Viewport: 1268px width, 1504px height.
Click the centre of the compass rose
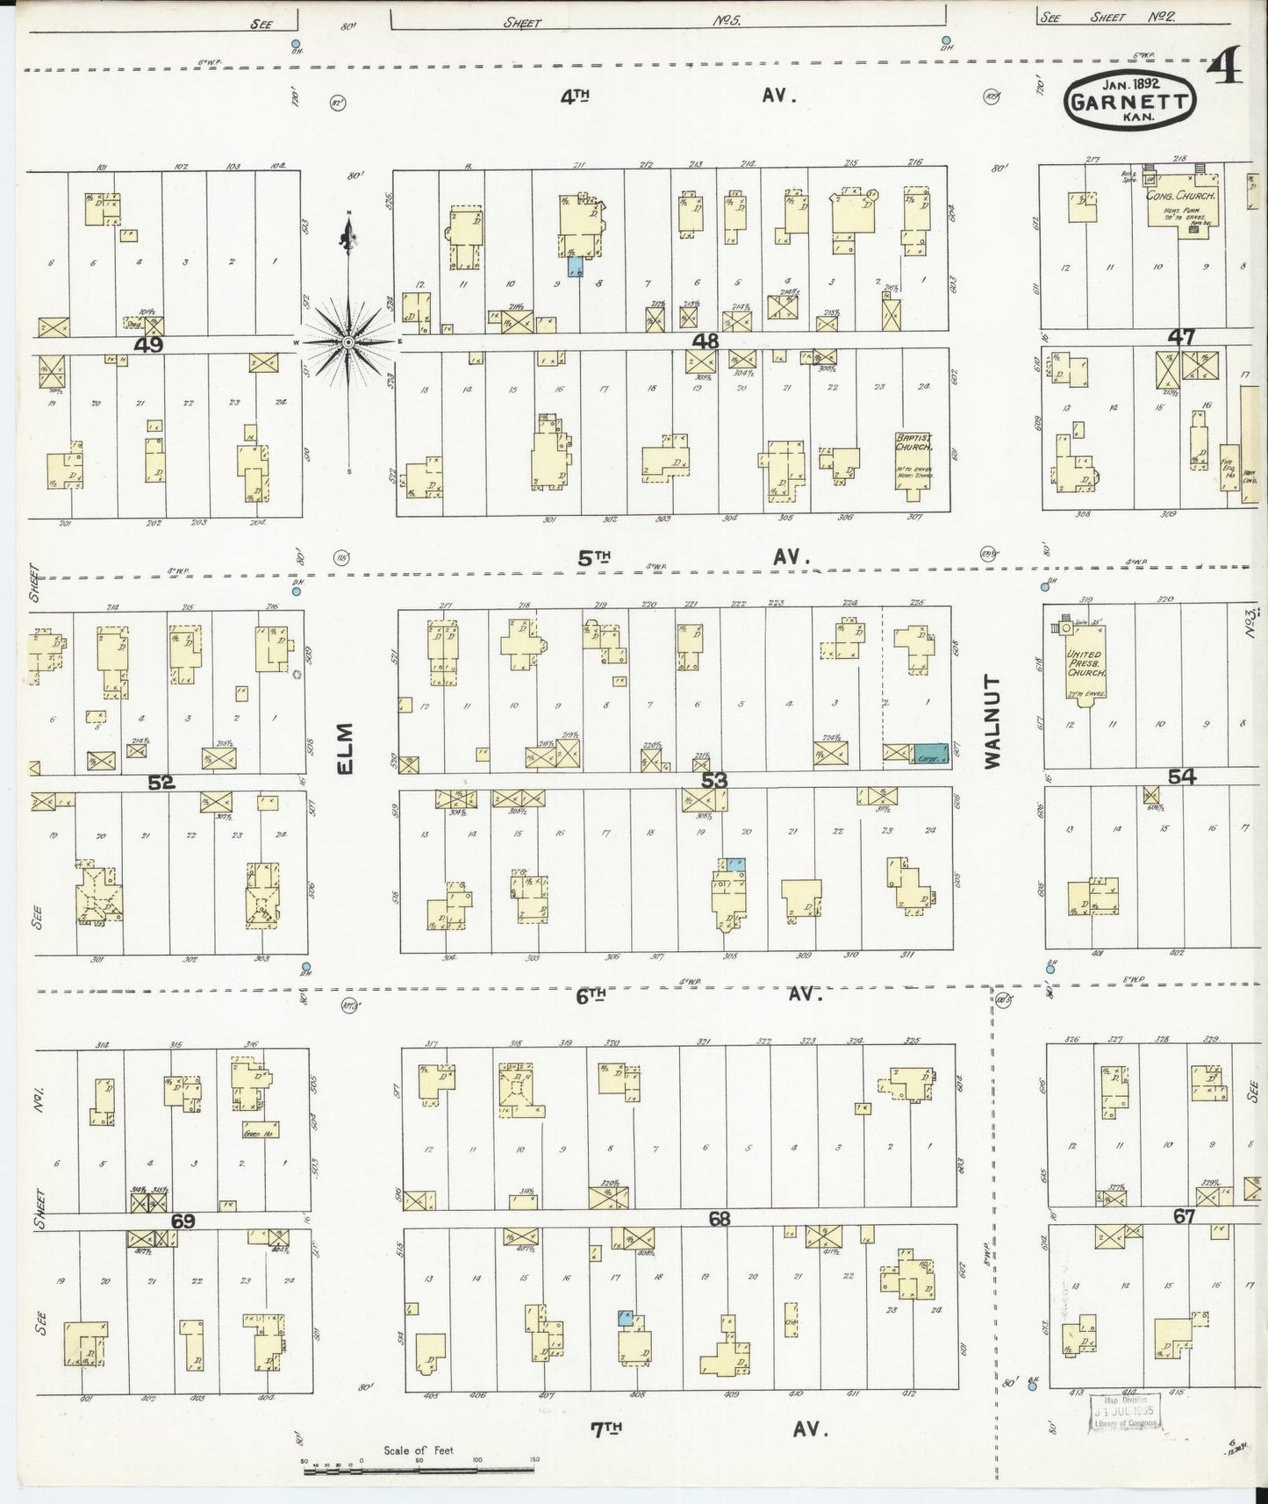tap(348, 340)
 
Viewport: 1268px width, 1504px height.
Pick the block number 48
tap(706, 340)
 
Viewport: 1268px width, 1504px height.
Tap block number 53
tap(714, 780)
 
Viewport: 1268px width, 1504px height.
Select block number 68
tap(720, 1219)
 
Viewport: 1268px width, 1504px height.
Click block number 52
tap(161, 782)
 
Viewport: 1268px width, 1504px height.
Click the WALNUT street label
tap(992, 721)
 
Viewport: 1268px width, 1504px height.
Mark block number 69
tap(183, 1221)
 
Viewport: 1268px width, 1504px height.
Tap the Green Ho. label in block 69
tap(253, 1135)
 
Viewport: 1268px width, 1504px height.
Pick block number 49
tap(148, 345)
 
